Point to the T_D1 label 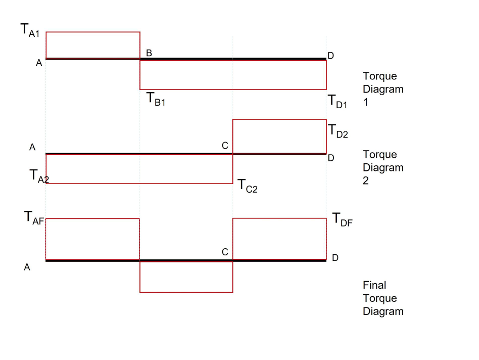click(338, 102)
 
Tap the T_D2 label click(338, 131)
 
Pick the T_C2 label click(248, 186)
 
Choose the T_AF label click(34, 217)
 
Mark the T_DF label click(342, 219)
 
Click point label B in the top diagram click(149, 53)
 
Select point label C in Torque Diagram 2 click(225, 146)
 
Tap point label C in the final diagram click(225, 252)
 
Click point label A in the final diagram click(27, 267)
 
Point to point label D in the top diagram click(330, 56)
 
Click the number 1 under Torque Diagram click(366, 103)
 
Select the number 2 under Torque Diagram click(366, 181)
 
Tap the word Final click(374, 285)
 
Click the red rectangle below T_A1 click(93, 45)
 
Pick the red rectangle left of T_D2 click(279, 136)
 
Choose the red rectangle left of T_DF click(279, 239)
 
